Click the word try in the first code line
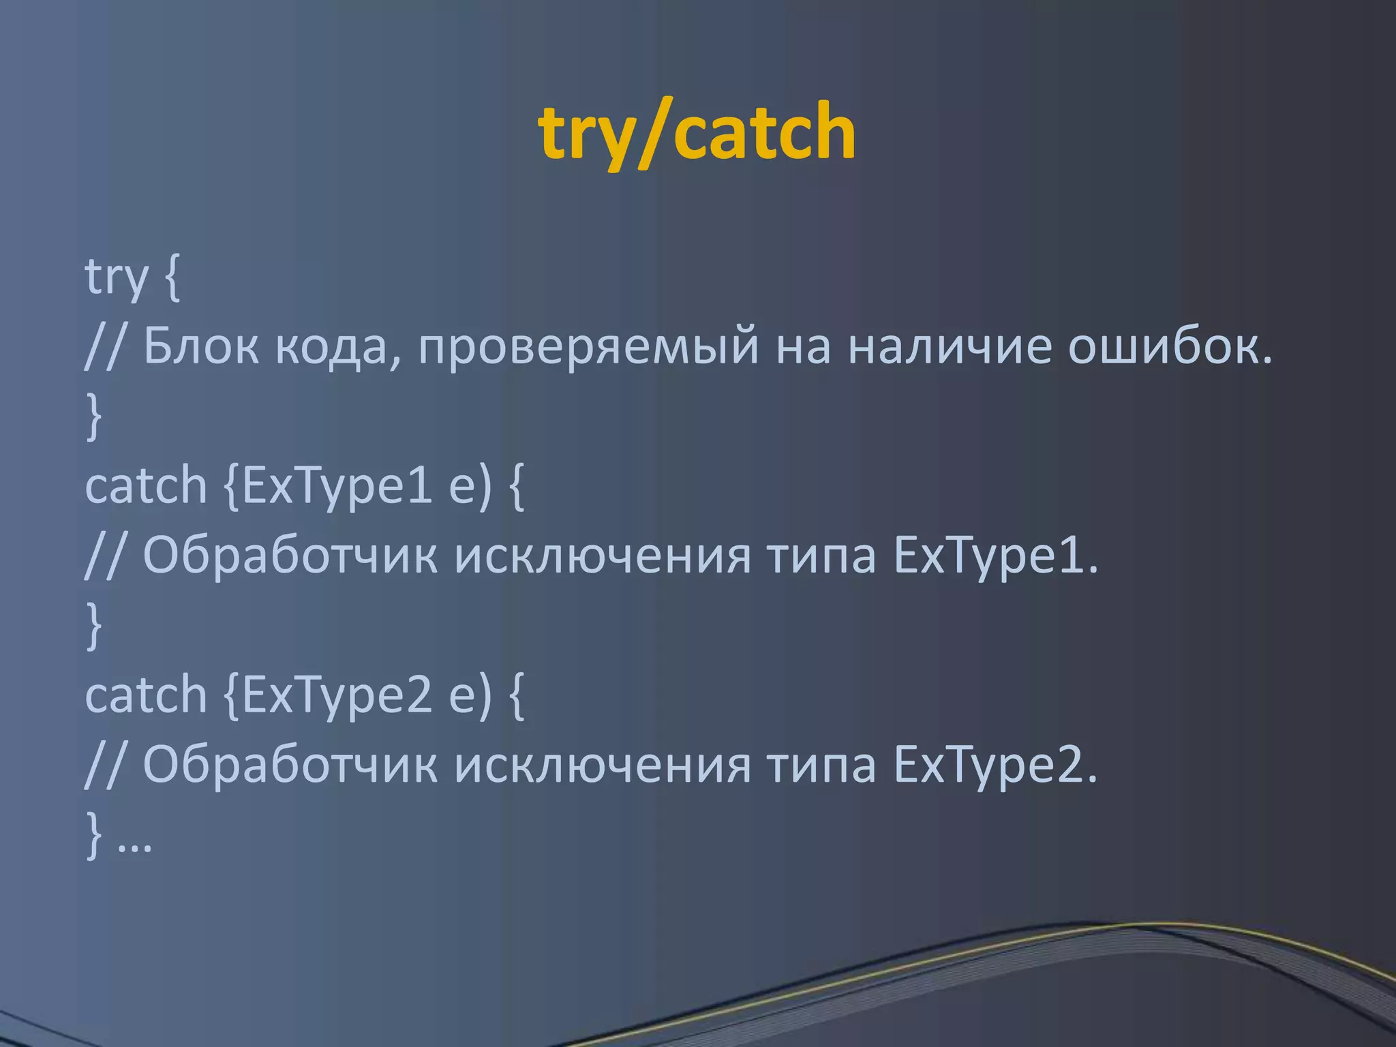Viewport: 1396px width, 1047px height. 116,277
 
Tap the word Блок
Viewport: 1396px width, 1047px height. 200,346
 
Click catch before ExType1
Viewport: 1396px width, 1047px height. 146,485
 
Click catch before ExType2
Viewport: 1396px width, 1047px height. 146,695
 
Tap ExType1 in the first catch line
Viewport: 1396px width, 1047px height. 337,487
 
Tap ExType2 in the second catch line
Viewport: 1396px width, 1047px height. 337,696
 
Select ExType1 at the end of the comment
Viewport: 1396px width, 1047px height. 995,557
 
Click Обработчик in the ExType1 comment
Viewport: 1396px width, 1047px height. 290,556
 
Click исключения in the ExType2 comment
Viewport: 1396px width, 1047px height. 603,765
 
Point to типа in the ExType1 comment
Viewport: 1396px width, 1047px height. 821,556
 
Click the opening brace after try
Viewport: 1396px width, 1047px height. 172,278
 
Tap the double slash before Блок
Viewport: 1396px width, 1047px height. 104,346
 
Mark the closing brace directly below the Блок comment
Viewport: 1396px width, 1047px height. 95,416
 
